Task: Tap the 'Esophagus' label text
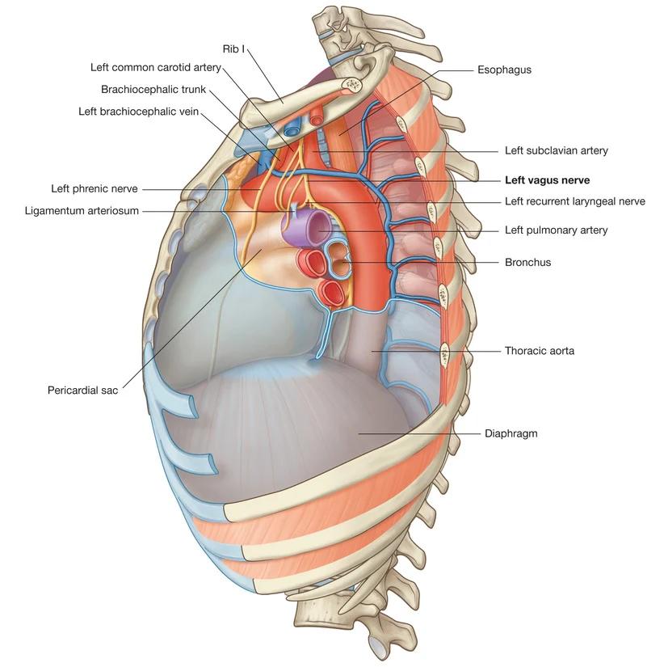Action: point(504,70)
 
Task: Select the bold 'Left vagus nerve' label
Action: point(547,180)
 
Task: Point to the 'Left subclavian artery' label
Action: point(556,150)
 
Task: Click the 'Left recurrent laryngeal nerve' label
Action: point(574,201)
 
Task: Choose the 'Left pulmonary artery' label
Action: point(556,230)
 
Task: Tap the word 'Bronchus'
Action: point(527,262)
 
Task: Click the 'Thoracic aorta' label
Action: point(539,351)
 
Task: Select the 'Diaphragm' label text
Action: point(511,433)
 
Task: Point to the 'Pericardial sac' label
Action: point(82,390)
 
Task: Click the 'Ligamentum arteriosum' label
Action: point(82,211)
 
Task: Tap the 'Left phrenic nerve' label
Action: point(95,189)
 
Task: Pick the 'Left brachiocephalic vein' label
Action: point(138,111)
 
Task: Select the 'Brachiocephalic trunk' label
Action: point(153,89)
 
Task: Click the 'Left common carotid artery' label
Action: point(155,67)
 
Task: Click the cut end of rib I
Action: point(354,84)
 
